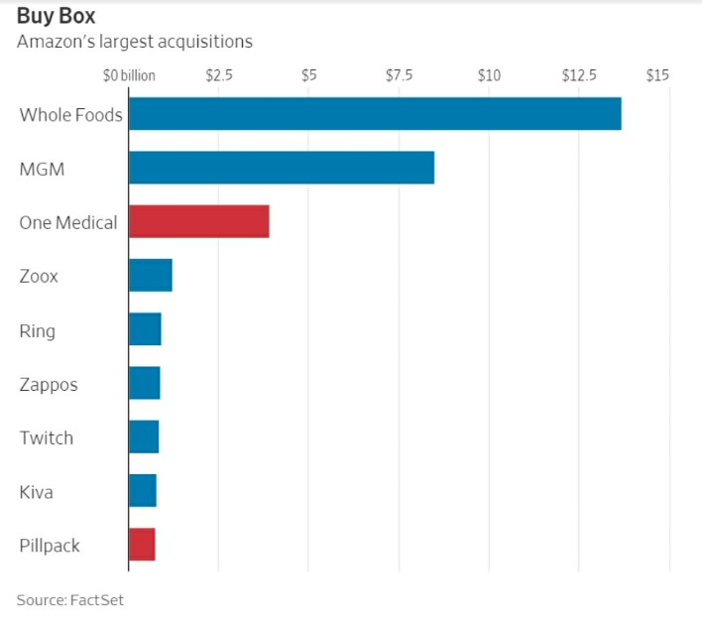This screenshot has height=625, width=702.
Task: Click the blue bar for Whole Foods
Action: tap(375, 114)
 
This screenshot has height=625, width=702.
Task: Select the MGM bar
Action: tap(282, 168)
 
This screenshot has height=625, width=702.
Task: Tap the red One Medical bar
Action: tap(199, 221)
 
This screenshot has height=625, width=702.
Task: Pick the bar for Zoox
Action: tap(151, 275)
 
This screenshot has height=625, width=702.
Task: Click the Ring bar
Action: tap(145, 328)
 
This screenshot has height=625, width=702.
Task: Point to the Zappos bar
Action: tap(145, 383)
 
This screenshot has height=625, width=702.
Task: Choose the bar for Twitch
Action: tap(144, 437)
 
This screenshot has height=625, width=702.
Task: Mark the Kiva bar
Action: tap(143, 491)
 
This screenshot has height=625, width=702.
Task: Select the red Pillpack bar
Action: tap(142, 545)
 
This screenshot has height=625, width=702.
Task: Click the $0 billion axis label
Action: tap(129, 75)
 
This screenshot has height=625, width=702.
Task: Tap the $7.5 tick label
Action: tap(400, 74)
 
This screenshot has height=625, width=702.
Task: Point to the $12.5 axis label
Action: tap(579, 74)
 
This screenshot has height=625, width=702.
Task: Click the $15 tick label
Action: tap(657, 74)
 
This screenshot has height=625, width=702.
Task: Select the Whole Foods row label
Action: tap(70, 115)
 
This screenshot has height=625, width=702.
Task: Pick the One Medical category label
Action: tap(68, 222)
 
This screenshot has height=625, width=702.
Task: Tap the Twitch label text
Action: tap(47, 437)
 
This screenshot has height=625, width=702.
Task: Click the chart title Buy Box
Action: tap(56, 17)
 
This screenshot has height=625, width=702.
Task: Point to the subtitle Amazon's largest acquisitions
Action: tap(135, 42)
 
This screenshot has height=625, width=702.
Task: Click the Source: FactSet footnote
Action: tap(69, 600)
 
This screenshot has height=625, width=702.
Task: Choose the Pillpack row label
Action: tap(50, 546)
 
